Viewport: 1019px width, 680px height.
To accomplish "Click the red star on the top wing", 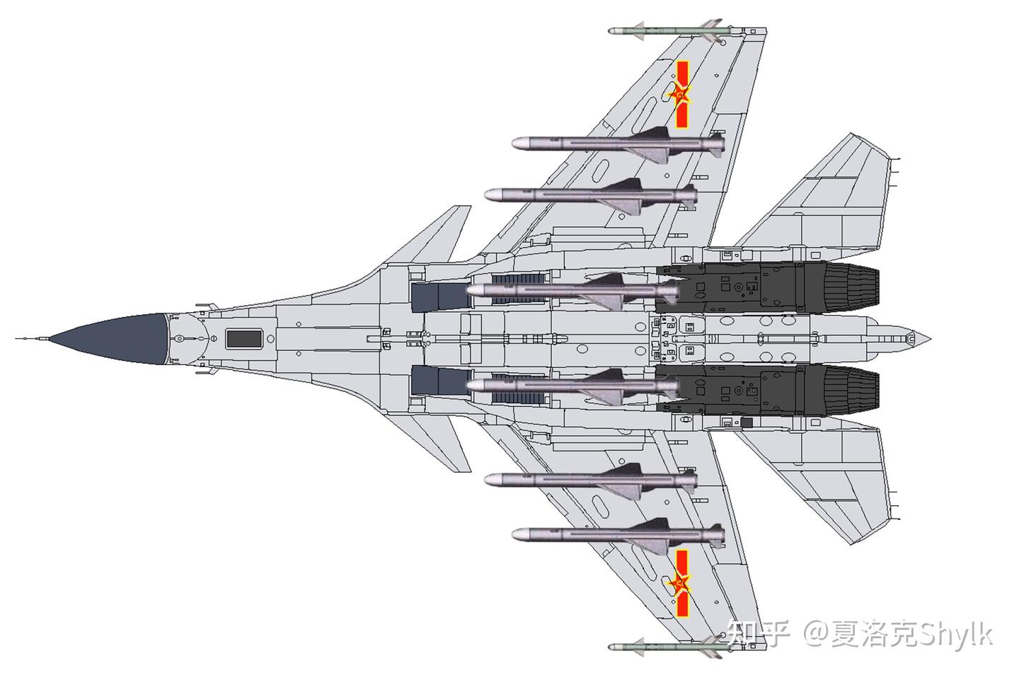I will tap(679, 94).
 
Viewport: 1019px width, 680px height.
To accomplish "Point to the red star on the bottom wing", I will tap(679, 583).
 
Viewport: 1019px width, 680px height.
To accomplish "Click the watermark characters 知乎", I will tap(758, 632).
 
